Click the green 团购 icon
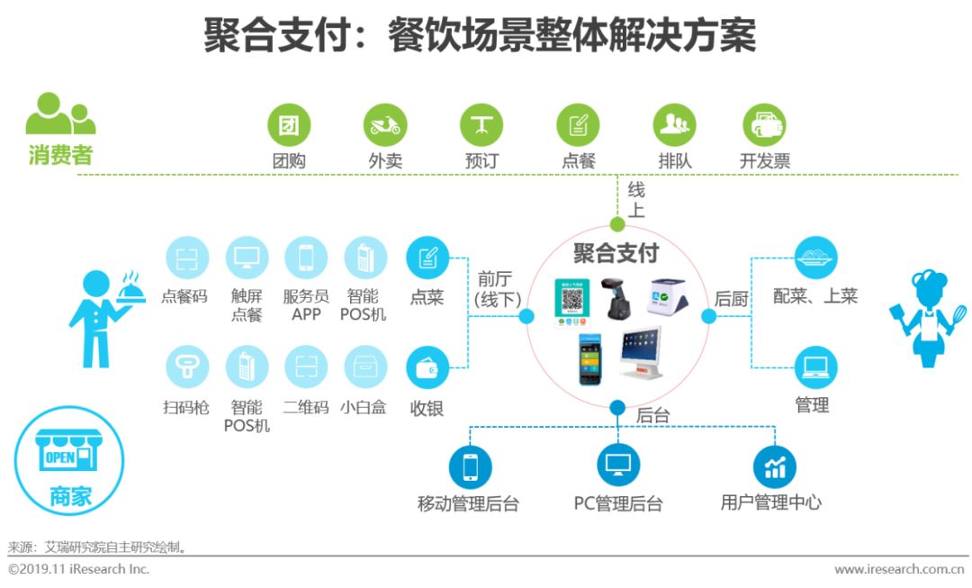pyautogui.click(x=288, y=125)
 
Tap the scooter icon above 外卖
pyautogui.click(x=385, y=125)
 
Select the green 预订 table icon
pyautogui.click(x=481, y=125)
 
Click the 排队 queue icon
pyautogui.click(x=674, y=125)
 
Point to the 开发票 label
pyautogui.click(x=764, y=162)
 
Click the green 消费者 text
pyautogui.click(x=59, y=155)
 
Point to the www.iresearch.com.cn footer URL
pyautogui.click(x=901, y=569)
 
